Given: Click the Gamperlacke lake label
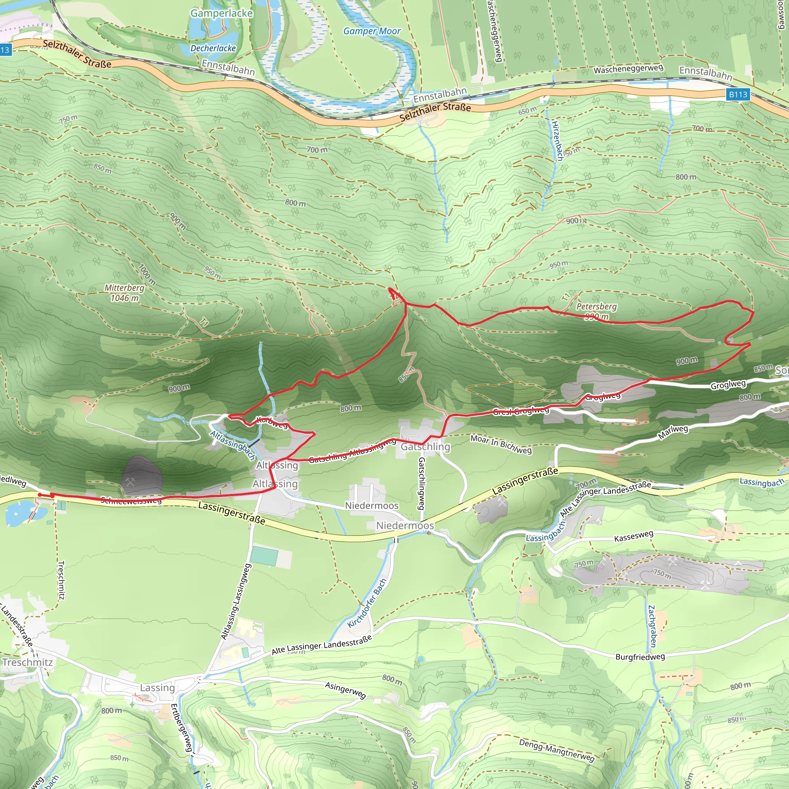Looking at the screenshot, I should point(222,13).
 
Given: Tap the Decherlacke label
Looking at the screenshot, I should point(213,48).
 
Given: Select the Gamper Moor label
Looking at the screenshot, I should point(372,31).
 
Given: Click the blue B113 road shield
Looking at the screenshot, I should point(738,94).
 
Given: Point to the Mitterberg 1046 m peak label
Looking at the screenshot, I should point(124,293).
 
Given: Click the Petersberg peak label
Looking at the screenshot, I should point(596,307).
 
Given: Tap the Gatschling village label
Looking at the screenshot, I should point(425,447).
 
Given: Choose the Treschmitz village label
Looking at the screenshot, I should point(28,662).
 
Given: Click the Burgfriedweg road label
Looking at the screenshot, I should point(640,657).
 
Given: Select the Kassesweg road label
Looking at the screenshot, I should point(633,536).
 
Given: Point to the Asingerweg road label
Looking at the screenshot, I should point(345,690).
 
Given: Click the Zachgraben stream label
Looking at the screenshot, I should point(652,626).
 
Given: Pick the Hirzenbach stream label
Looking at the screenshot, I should point(557,141).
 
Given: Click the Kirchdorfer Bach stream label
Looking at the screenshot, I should point(367,603).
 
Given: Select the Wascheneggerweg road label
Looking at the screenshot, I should point(628,69).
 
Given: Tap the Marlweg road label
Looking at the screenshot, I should point(673,432).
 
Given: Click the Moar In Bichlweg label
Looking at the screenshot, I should point(501,444).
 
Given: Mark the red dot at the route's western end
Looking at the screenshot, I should point(40,495).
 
